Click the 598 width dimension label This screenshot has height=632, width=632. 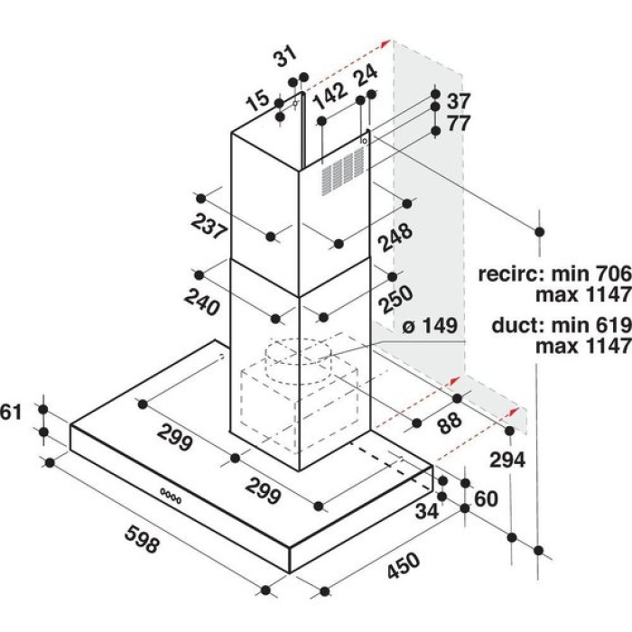[x=143, y=539]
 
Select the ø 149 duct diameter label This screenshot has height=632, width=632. [x=430, y=326]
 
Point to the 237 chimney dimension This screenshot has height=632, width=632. [x=209, y=227]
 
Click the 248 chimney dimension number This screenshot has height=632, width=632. [x=395, y=237]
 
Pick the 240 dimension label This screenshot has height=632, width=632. [x=202, y=302]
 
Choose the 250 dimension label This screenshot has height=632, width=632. [x=396, y=299]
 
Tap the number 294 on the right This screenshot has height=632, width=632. [x=507, y=460]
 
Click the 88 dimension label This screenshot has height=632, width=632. [x=450, y=423]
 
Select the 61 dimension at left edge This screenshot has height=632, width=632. [x=10, y=412]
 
